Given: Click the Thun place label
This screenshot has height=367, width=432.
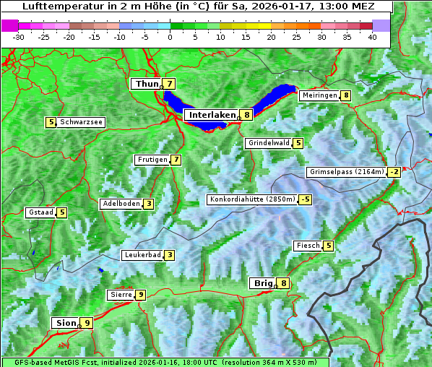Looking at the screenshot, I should [146, 85].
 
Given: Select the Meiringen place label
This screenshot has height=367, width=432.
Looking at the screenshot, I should [319, 95].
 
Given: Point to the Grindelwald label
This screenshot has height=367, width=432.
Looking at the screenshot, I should [269, 143].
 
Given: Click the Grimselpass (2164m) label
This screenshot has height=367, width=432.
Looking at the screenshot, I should [347, 172].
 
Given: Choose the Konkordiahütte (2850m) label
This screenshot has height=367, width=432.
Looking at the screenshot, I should [252, 199].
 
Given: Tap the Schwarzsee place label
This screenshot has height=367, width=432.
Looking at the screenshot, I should [81, 122].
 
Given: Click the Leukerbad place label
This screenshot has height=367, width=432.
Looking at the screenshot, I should [142, 255].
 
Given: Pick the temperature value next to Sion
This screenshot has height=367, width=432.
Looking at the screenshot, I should [87, 323].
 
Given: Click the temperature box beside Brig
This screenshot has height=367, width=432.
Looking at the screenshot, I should [284, 283].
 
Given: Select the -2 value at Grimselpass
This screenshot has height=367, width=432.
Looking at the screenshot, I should [394, 172].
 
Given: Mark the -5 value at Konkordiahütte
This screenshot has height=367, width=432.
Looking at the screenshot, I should [306, 199].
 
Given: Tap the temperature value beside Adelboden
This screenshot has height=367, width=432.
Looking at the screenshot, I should [148, 204].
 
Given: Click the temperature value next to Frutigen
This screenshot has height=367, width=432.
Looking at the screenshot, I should [176, 160].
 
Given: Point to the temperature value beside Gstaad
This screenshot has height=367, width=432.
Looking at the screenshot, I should [62, 212].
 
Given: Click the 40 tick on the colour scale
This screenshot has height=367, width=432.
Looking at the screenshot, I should [372, 37].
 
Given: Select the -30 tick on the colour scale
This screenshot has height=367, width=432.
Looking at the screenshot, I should [19, 37].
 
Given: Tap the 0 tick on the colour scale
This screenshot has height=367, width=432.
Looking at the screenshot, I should [170, 37].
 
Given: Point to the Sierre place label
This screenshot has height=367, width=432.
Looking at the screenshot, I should [120, 295].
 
